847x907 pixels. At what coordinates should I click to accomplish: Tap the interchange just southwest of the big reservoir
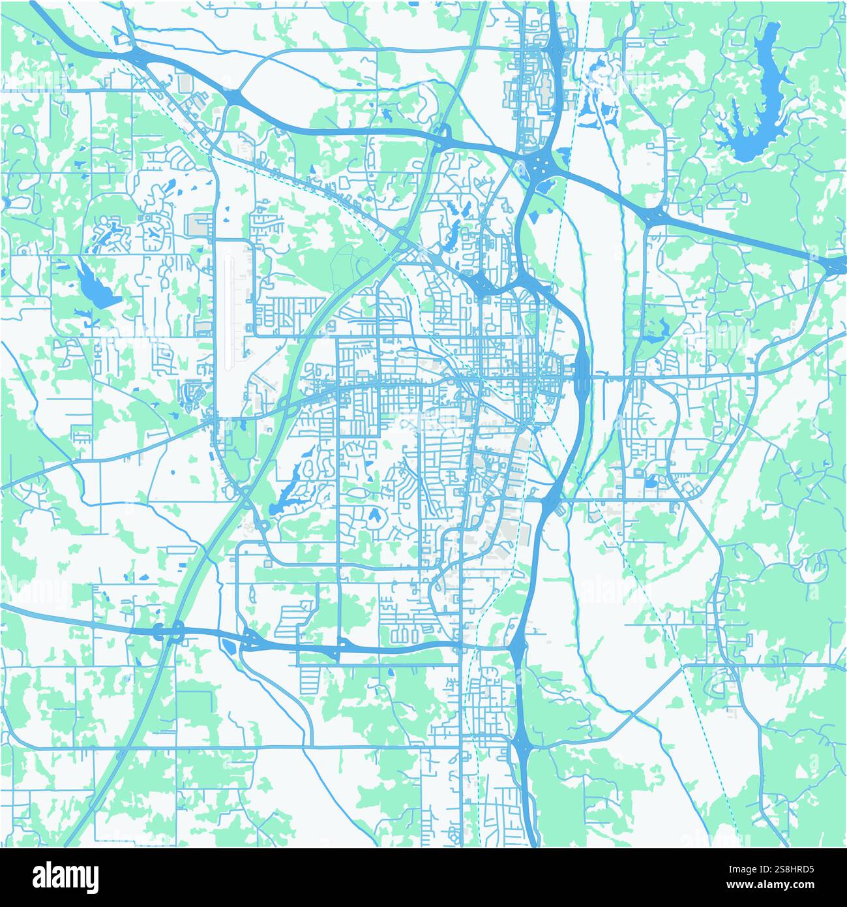[x=655, y=215]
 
